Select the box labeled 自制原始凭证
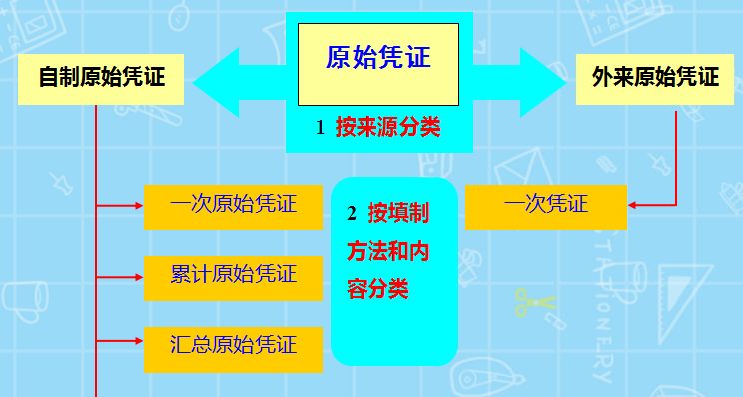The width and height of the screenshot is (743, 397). (x=101, y=78)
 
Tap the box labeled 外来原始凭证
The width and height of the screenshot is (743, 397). (x=654, y=78)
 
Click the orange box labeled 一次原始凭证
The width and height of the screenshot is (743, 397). (x=233, y=206)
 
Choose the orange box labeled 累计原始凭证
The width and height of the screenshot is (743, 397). (x=233, y=275)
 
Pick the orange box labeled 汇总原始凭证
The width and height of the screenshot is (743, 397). (x=233, y=346)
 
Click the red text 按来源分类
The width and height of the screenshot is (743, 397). (x=387, y=129)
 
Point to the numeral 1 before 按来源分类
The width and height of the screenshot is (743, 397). (x=320, y=129)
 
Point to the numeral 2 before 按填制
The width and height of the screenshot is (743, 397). (x=351, y=214)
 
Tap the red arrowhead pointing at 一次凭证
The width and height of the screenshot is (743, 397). (x=634, y=206)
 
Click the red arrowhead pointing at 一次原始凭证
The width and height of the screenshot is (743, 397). (x=138, y=206)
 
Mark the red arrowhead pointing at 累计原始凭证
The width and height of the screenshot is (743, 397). (x=138, y=274)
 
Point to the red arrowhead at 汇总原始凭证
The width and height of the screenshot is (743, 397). (x=138, y=345)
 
